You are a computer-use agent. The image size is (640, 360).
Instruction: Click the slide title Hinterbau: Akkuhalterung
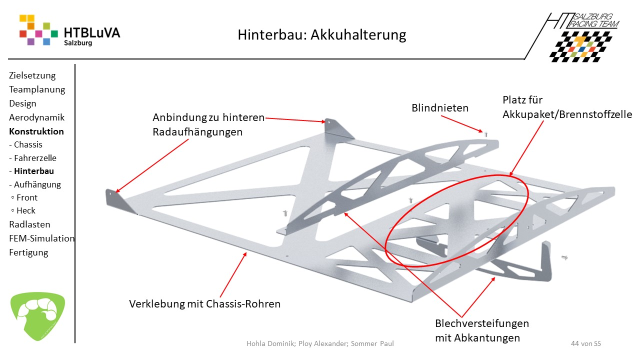coord(321,35)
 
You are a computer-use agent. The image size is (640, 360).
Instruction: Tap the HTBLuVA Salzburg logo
coord(69,31)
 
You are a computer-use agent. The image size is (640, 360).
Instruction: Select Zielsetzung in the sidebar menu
coord(32,75)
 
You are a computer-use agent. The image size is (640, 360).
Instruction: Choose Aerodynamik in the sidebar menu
coord(36,117)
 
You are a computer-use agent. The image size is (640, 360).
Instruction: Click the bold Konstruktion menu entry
coord(36,131)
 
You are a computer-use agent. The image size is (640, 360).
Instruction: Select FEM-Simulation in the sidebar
coord(42,238)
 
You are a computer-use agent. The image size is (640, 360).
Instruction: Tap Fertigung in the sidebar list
coord(28,252)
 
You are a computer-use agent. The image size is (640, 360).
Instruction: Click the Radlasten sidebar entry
coord(29,224)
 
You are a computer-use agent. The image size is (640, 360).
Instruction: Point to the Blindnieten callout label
coord(440,108)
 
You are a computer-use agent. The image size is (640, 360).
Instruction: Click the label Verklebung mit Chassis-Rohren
coord(205,304)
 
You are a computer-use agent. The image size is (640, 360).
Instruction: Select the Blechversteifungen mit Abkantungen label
coord(481,330)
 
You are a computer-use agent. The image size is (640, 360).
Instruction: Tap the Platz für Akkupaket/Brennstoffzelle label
coord(567,107)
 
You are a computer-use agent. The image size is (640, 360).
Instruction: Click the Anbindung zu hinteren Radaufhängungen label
coord(208,124)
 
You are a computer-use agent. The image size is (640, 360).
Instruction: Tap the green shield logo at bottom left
coord(37,316)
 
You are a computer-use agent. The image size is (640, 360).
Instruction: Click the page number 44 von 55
coord(585,344)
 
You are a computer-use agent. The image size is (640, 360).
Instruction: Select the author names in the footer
coord(320,344)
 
